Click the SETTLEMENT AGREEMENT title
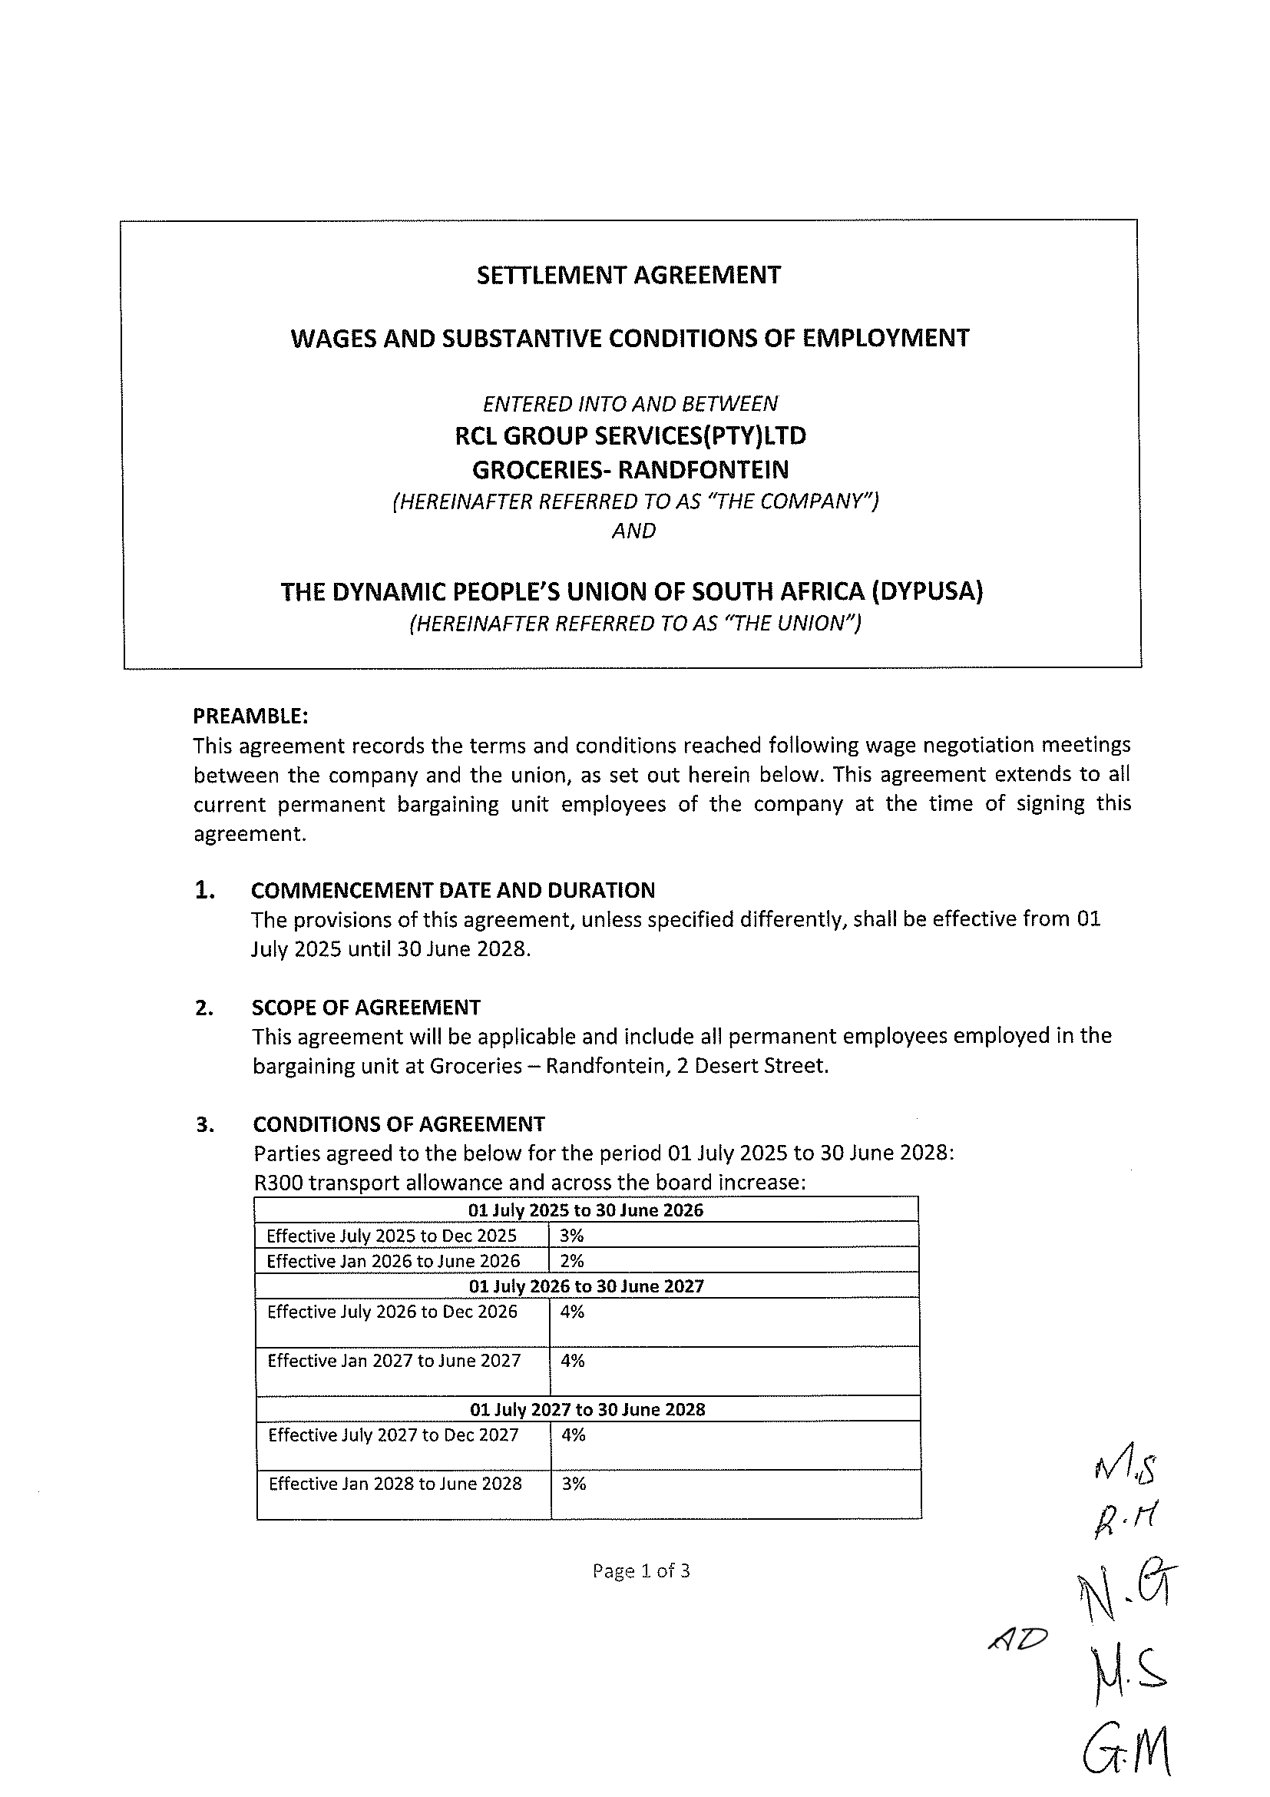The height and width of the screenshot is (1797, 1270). tap(628, 276)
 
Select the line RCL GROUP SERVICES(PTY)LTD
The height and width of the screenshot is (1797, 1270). tap(630, 436)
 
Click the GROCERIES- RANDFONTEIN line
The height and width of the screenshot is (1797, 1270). tap(630, 469)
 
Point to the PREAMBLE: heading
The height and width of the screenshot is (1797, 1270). tap(250, 716)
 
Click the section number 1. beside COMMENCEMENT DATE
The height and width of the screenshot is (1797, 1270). tap(204, 891)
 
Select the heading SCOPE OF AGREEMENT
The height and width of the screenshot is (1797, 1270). tap(365, 1008)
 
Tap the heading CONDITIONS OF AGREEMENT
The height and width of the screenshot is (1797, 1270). tap(399, 1124)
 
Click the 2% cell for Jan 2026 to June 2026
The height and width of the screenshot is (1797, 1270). tap(572, 1261)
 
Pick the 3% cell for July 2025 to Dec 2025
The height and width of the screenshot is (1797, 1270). tap(572, 1236)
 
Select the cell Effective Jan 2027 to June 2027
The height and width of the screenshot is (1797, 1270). tap(394, 1361)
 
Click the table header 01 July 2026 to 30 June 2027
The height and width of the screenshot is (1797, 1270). tap(586, 1286)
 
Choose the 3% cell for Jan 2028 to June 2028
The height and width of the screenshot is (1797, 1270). tap(574, 1484)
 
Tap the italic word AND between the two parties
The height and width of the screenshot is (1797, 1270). tap(633, 531)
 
